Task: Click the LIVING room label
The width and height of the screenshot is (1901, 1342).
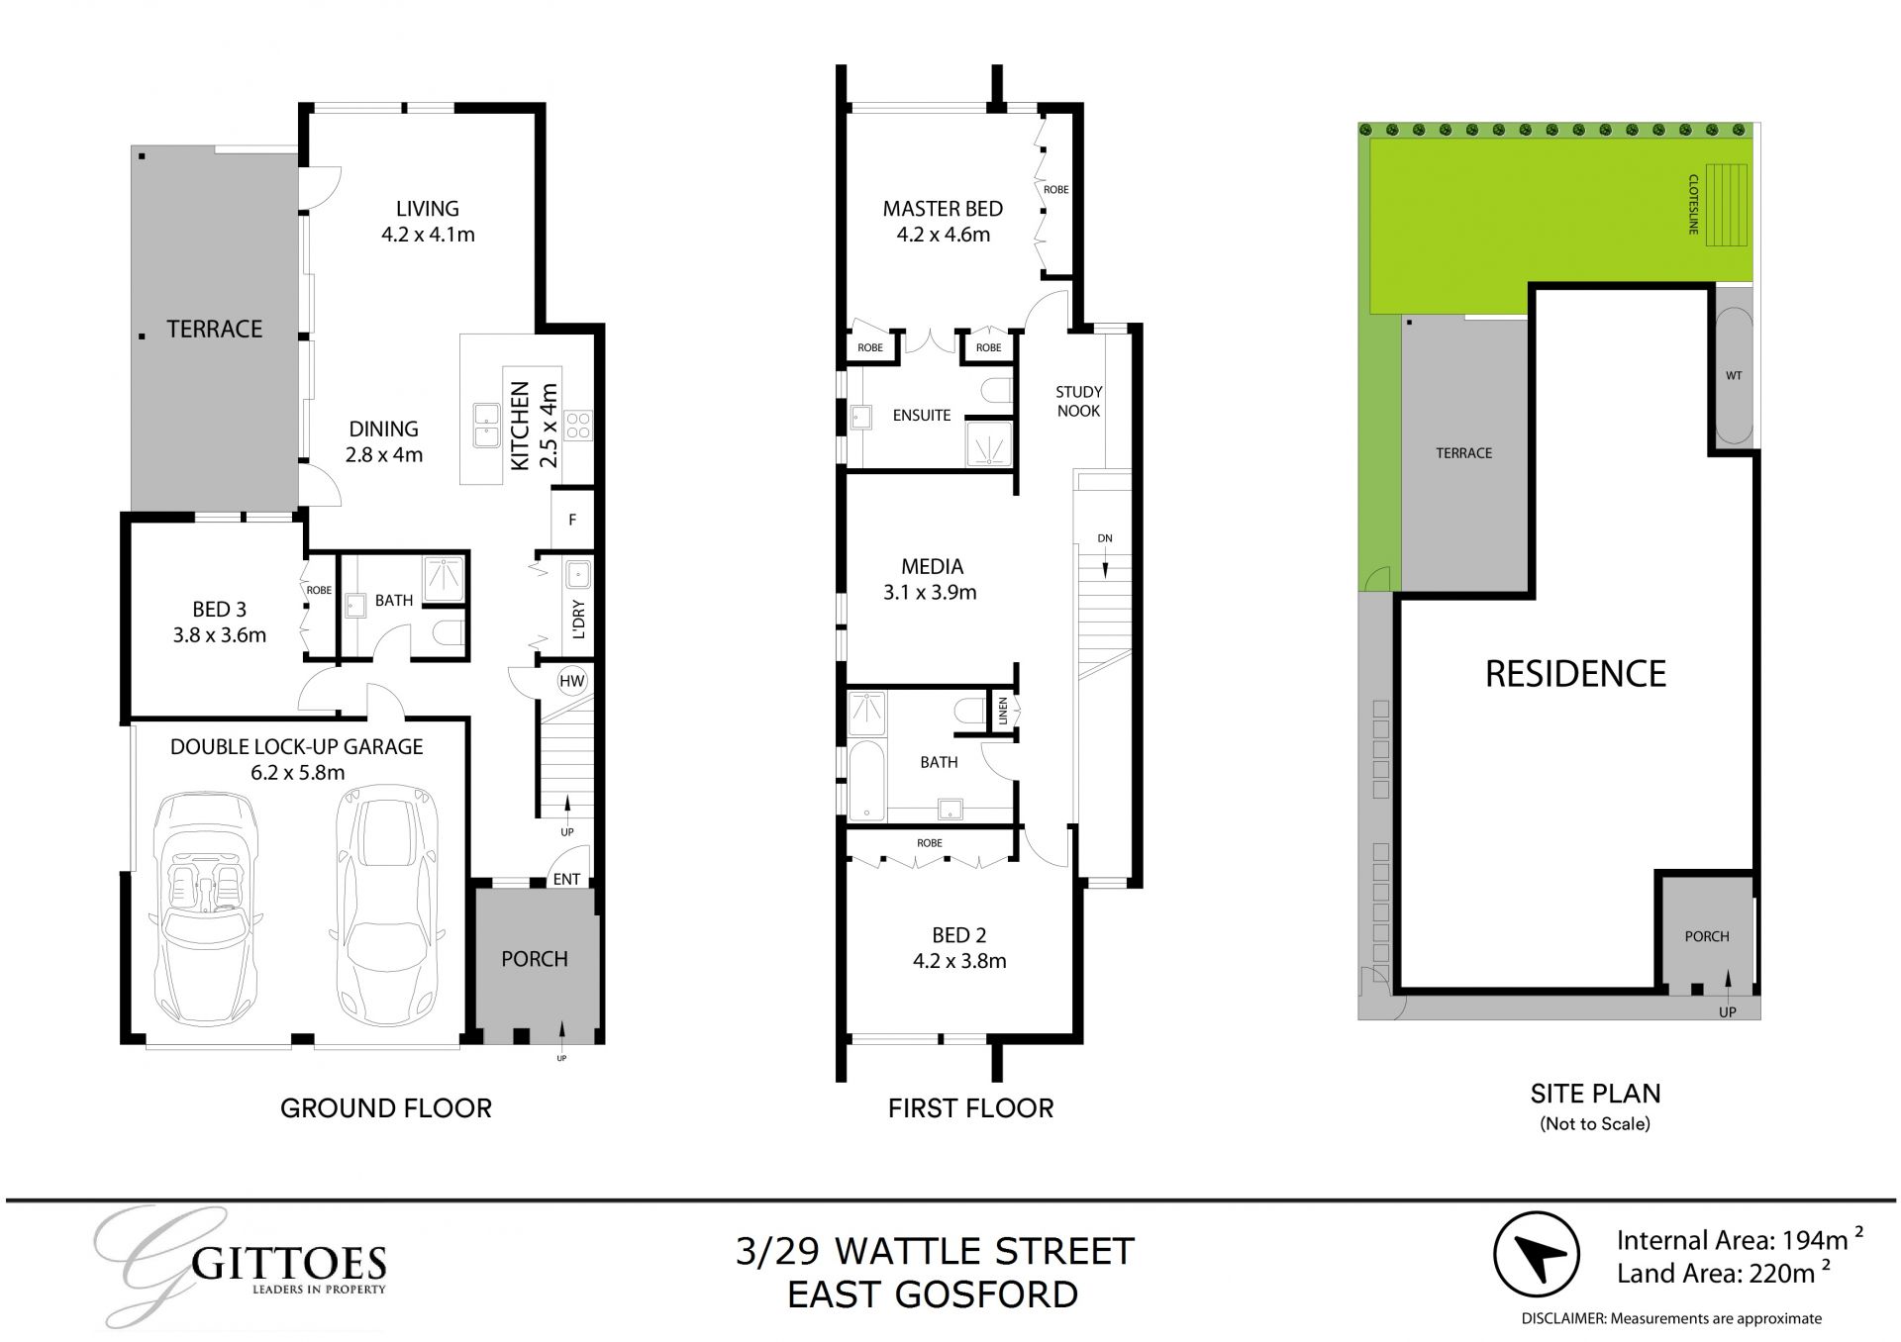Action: click(427, 209)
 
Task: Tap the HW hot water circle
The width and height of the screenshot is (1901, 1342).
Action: click(572, 681)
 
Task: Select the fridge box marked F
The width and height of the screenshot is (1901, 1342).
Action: click(572, 520)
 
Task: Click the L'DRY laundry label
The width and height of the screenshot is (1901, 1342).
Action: click(579, 620)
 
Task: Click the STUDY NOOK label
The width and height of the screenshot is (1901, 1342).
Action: click(1078, 401)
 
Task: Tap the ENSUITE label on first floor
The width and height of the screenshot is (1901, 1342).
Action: click(921, 416)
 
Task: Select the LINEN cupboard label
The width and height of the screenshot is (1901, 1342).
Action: click(1003, 711)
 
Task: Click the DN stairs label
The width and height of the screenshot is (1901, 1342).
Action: click(1105, 538)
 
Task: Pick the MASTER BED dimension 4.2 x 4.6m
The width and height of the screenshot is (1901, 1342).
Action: click(943, 235)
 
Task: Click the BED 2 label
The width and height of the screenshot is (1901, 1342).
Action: click(958, 935)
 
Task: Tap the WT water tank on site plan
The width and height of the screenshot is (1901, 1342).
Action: click(1734, 376)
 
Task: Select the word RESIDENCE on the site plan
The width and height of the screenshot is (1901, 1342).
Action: click(1575, 674)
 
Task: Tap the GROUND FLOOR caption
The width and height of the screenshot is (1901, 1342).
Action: click(386, 1108)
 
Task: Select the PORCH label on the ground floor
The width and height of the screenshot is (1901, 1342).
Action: click(535, 959)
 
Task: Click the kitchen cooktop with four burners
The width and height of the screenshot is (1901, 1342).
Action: click(578, 427)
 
